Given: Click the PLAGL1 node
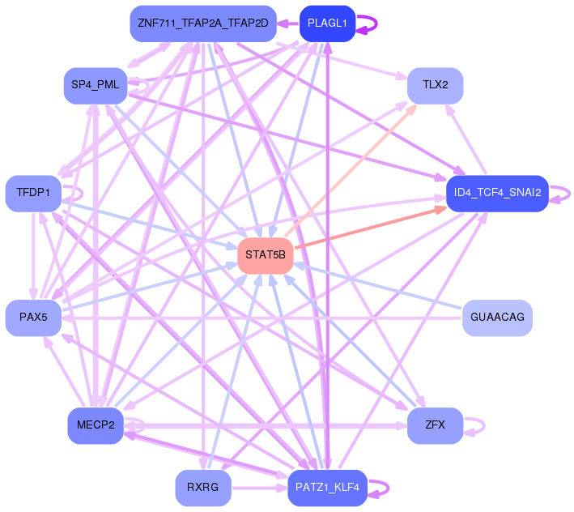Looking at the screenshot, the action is (x=327, y=23).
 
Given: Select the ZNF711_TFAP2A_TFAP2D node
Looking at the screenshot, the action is (x=203, y=23).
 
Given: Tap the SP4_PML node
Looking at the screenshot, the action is (x=96, y=85).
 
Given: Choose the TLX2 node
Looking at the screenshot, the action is (x=436, y=85).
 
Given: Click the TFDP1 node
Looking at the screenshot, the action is (x=33, y=194).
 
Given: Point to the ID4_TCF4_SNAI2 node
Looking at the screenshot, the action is (x=497, y=194).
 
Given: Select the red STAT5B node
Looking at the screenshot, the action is (x=266, y=256).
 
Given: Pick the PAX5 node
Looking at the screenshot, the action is (x=33, y=318).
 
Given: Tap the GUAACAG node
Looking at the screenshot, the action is (x=497, y=318).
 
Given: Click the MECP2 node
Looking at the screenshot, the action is (x=96, y=425).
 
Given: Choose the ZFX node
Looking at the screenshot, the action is (x=436, y=425).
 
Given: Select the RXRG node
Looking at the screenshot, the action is (x=203, y=488).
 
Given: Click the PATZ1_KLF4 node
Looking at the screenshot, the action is (x=327, y=488).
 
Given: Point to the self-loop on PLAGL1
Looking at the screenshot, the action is (x=376, y=23).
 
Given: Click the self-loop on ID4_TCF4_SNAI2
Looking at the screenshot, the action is (x=570, y=194).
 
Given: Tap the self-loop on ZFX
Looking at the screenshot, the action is (x=484, y=426).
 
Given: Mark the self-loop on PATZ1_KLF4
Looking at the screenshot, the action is (x=388, y=488).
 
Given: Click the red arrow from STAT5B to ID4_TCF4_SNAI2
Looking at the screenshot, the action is (x=371, y=228).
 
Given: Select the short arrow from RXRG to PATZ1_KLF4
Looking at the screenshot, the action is (x=260, y=489).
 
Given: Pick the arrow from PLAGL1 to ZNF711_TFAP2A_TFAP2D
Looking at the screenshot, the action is (x=288, y=23).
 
